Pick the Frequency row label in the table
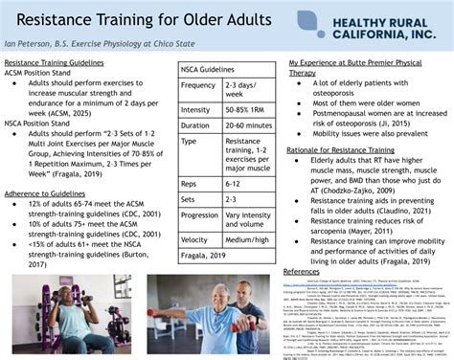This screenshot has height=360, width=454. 198,85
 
